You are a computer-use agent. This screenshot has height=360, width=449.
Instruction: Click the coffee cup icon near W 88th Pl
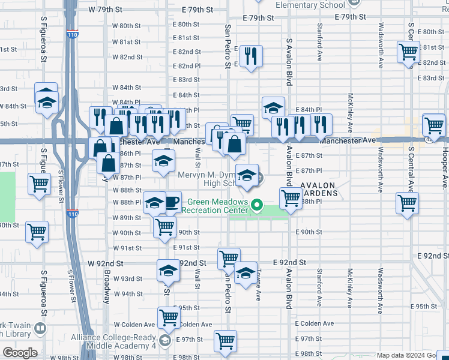click(x=172, y=202)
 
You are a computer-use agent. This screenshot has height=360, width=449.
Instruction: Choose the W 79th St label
click(x=109, y=10)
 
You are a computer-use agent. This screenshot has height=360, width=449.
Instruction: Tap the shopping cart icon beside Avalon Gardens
click(x=291, y=197)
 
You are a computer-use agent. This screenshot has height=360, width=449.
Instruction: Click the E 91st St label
click(x=186, y=247)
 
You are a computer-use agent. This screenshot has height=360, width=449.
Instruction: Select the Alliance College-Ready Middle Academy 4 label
click(x=114, y=341)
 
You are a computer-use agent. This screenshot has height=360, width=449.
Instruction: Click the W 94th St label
click(x=127, y=294)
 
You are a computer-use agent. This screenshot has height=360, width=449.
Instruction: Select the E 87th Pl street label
click(x=309, y=171)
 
